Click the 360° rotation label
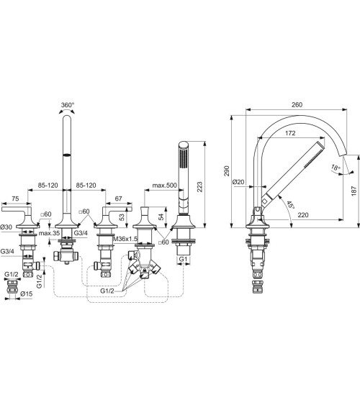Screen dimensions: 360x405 tap(68, 105)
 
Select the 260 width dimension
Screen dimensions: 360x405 tap(297, 104)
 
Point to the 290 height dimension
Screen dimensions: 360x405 tap(227, 171)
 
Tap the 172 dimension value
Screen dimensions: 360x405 tap(290, 133)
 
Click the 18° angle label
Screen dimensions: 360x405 tap(336, 167)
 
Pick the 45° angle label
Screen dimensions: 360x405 tap(290, 205)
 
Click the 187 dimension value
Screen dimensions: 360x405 tap(354, 191)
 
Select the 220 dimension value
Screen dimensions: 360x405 tap(303, 214)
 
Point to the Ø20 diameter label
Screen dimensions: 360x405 tap(238, 182)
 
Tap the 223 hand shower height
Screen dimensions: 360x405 tap(199, 187)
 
